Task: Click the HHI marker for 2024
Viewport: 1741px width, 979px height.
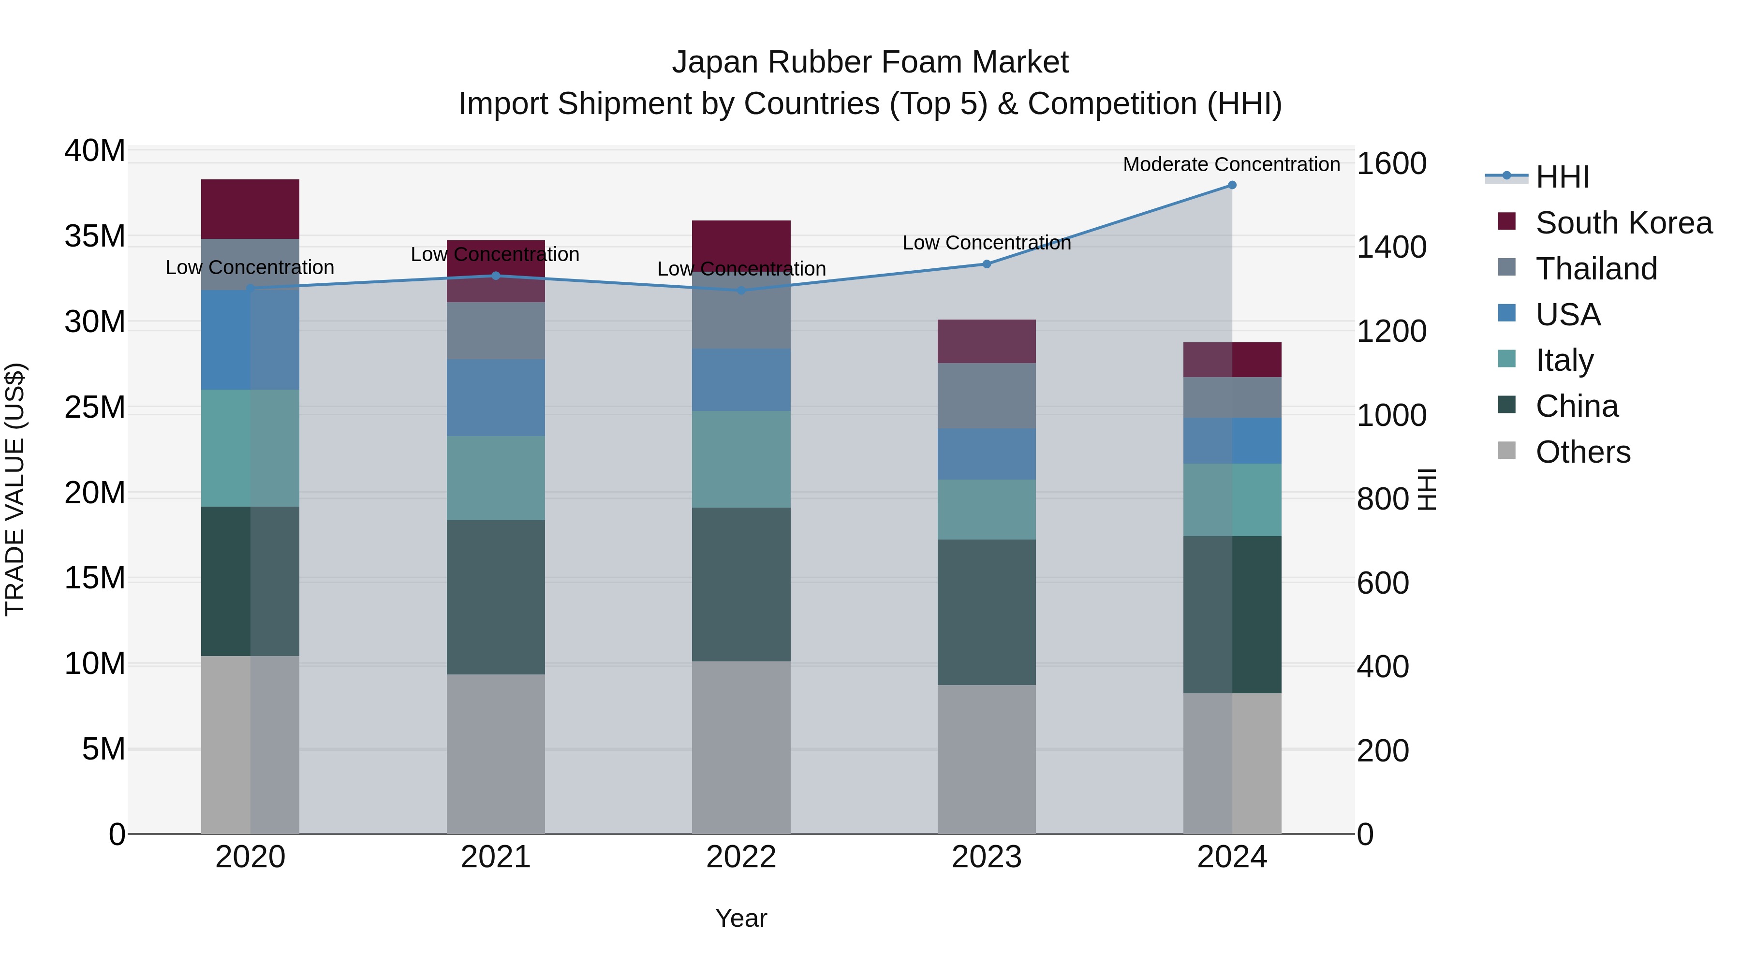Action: click(x=1231, y=185)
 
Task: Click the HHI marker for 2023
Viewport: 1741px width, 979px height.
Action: click(x=986, y=264)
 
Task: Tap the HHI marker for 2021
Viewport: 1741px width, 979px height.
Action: click(x=495, y=276)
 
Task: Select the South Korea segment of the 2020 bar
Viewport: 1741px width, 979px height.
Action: click(x=250, y=209)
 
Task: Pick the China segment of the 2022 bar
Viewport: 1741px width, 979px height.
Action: click(x=741, y=584)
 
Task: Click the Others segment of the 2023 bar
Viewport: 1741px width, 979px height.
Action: click(x=986, y=760)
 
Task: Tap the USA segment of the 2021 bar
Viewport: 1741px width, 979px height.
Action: click(x=495, y=397)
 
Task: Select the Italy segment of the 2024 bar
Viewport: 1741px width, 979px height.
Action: click(x=1231, y=500)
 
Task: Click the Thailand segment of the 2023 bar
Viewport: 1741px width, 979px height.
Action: click(x=986, y=395)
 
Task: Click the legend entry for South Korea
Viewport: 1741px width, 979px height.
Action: click(x=1623, y=223)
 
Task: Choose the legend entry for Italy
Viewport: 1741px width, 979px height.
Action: click(x=1564, y=360)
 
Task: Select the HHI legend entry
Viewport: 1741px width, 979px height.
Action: click(x=1562, y=177)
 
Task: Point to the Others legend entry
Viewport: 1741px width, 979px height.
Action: click(x=1582, y=452)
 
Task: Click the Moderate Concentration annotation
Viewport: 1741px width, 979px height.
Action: click(x=1231, y=164)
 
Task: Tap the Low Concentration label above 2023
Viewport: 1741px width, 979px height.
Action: click(x=986, y=243)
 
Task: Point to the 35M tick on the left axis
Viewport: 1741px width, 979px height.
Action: click(x=95, y=236)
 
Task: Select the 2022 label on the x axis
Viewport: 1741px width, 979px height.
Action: click(x=741, y=857)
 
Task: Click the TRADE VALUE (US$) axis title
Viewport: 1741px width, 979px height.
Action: click(x=15, y=490)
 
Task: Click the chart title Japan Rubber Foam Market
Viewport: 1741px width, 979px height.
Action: click(x=870, y=62)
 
